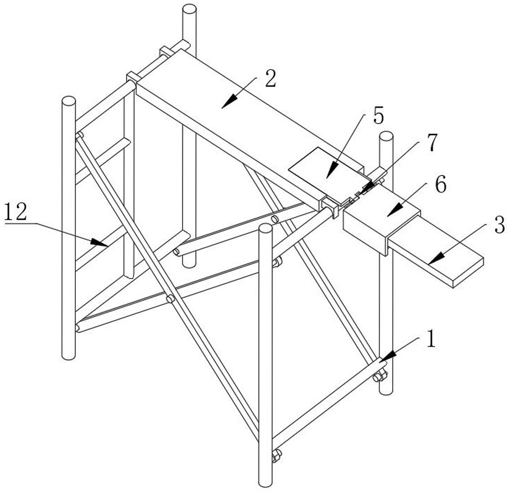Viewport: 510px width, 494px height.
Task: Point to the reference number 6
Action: click(440, 185)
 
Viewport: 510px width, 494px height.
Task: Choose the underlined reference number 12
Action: click(17, 212)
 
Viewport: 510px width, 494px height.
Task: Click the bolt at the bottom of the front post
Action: click(275, 457)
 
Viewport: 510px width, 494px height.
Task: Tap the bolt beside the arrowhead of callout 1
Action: click(379, 377)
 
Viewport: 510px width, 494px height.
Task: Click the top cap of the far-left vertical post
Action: click(69, 102)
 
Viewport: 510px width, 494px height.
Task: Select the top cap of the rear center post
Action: click(190, 9)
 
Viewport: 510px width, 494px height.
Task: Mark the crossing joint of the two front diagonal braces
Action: click(170, 299)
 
